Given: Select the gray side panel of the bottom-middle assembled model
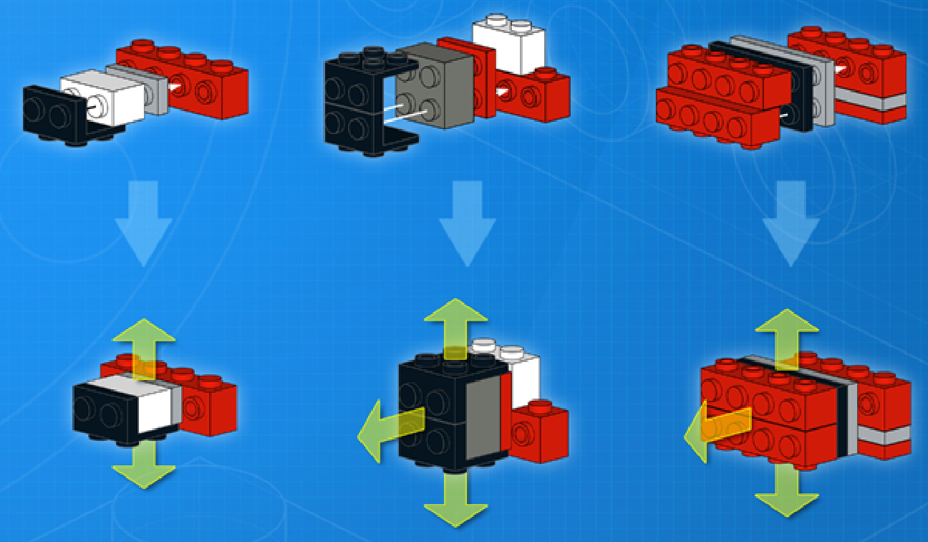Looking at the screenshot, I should tap(481, 419).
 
